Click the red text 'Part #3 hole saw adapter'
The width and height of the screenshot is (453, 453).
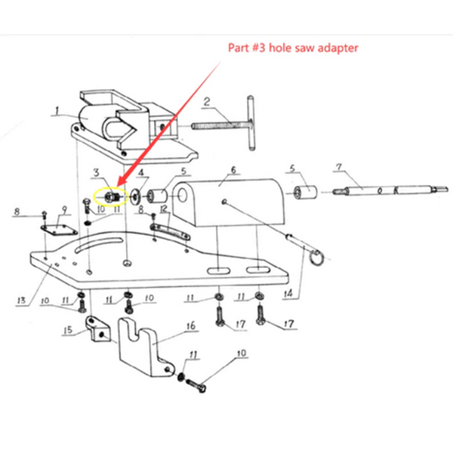click(x=293, y=48)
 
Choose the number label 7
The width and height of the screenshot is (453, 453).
click(x=338, y=165)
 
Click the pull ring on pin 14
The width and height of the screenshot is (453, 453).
click(x=318, y=257)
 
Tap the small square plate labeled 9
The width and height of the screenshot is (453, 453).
click(x=56, y=227)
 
